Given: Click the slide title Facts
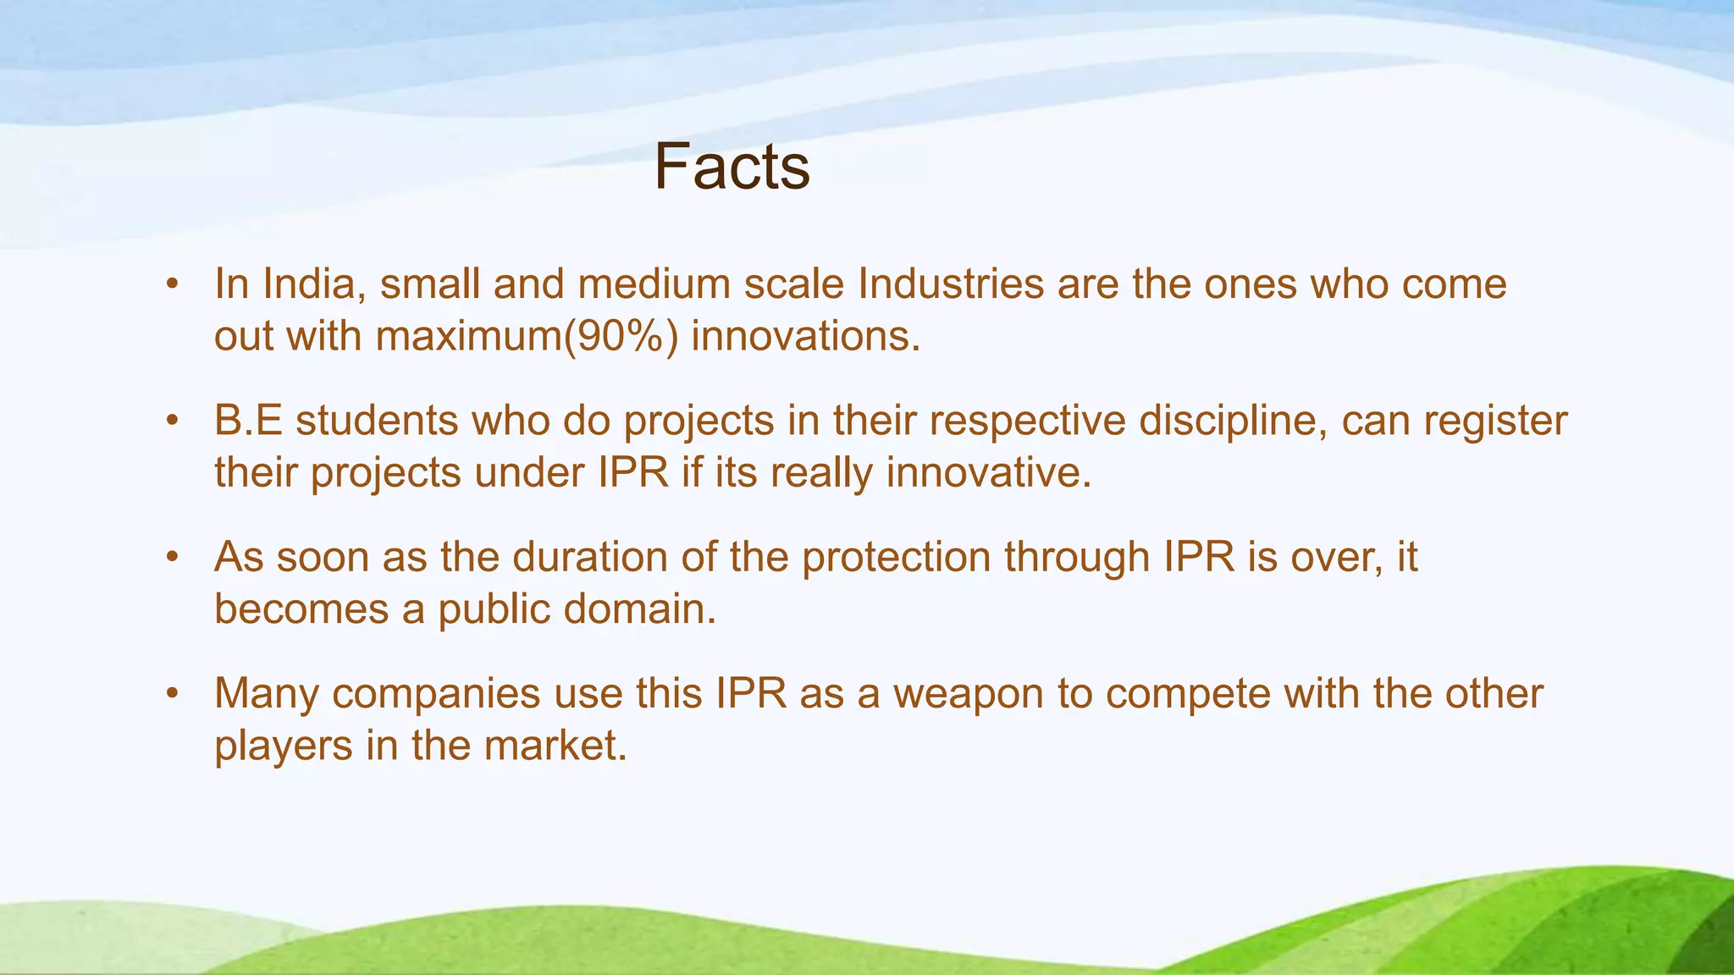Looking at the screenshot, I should coord(732,168).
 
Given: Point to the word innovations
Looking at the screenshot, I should coord(804,337).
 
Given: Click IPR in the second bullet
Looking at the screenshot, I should coord(633,473).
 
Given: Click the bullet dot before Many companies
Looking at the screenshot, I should coord(173,694).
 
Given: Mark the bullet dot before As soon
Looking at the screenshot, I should coord(173,558).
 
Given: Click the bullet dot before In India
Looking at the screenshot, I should coord(173,284).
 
